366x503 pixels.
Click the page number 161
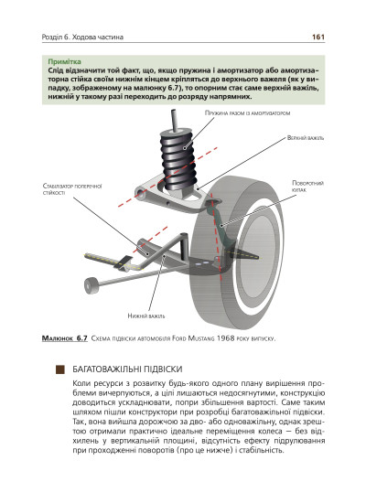[318, 37]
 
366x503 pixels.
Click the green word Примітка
[64, 61]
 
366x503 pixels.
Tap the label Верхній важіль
[306, 138]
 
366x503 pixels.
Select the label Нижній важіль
[146, 316]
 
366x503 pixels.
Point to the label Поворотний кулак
[307, 187]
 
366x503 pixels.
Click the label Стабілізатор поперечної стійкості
[72, 189]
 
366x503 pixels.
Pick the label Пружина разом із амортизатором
[247, 112]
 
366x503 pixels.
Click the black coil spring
[178, 159]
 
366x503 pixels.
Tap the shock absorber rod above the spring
[175, 120]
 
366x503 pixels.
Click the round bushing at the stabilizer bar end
[91, 284]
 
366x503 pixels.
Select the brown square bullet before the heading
[60, 369]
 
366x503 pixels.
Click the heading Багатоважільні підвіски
[127, 369]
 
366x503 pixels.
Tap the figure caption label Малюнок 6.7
[65, 338]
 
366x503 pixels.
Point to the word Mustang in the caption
[201, 338]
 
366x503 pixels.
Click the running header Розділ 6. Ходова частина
[82, 37]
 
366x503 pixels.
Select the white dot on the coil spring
[185, 148]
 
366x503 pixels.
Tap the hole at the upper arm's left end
[140, 193]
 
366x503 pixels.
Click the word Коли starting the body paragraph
[81, 384]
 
